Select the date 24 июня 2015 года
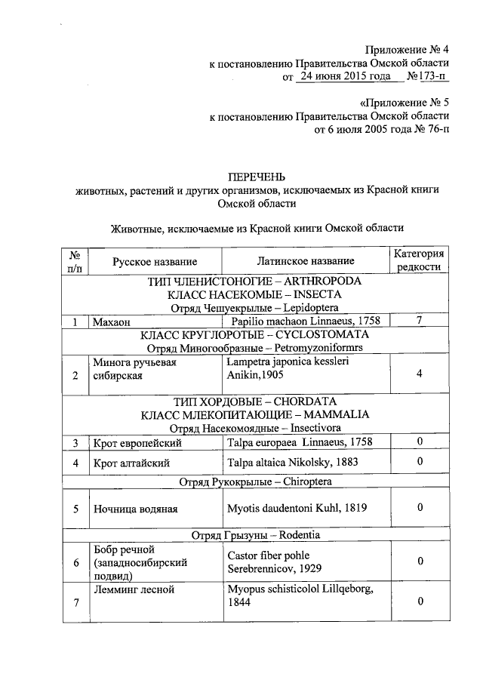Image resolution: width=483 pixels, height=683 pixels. click(x=344, y=76)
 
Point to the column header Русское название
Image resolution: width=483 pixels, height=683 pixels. click(x=155, y=262)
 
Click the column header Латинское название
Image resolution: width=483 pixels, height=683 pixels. click(x=294, y=262)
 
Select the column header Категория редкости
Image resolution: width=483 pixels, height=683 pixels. click(x=420, y=261)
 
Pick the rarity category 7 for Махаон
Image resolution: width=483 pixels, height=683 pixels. click(x=420, y=322)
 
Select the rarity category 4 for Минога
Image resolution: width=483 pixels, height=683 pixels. click(x=420, y=374)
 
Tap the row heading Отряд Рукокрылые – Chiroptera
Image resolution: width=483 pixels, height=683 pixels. click(x=255, y=481)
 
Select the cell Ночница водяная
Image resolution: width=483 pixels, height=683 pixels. click(x=135, y=509)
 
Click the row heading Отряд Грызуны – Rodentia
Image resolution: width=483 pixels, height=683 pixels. click(x=255, y=535)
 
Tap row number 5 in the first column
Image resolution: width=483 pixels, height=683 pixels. click(x=75, y=509)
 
